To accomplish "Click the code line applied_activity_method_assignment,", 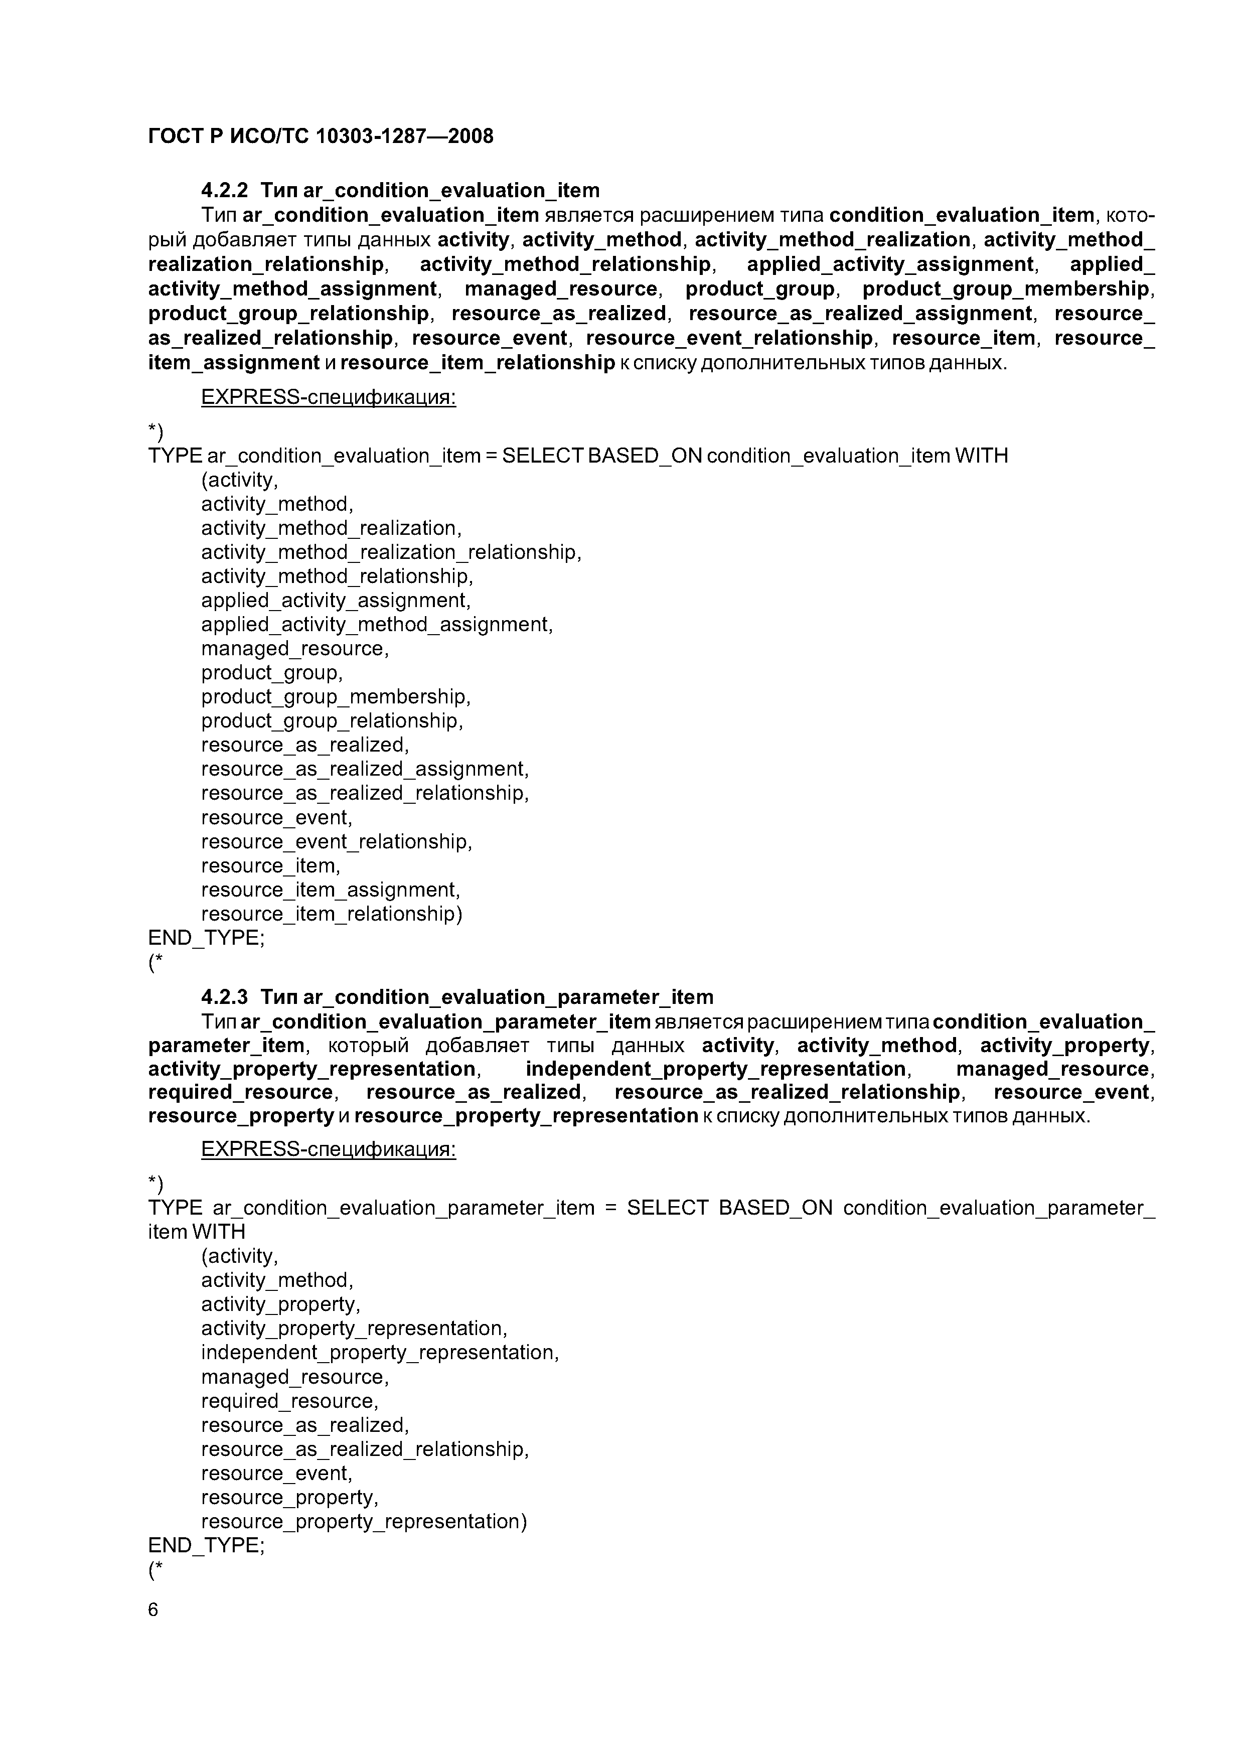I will tap(376, 624).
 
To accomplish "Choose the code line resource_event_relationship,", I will tap(337, 842).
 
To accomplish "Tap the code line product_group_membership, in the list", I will tap(336, 697).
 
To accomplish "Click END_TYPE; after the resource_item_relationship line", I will tap(206, 938).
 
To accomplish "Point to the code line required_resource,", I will tap(290, 1400).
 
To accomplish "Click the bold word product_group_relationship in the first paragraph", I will tap(288, 314).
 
